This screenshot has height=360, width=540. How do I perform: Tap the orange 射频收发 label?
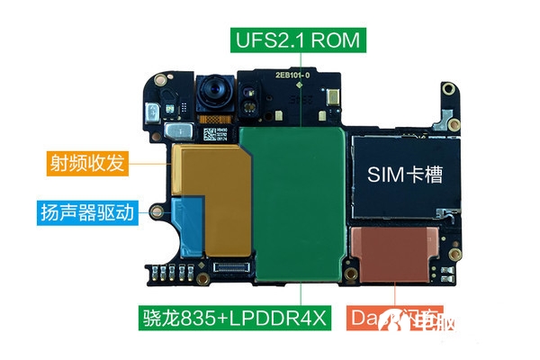86,164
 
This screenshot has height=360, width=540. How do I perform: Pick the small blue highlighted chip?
190,225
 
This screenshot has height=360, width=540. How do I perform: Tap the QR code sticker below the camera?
222,134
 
